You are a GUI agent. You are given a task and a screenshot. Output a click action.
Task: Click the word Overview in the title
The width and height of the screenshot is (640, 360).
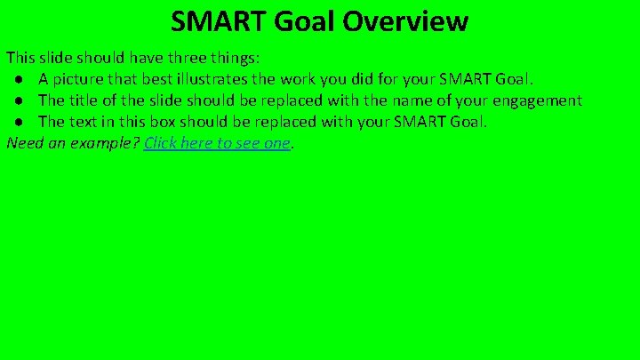413,20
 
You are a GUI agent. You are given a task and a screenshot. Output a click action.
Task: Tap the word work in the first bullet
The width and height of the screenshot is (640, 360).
308,79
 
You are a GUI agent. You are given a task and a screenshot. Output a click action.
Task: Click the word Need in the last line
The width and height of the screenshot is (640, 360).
25,143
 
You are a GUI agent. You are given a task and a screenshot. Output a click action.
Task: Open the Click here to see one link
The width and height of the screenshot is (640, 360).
217,143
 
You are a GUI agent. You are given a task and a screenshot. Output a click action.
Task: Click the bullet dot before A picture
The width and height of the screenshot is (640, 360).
19,79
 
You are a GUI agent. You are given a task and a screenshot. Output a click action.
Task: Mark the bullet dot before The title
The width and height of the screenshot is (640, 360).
19,100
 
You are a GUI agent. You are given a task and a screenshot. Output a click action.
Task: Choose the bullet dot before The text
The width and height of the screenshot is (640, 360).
19,122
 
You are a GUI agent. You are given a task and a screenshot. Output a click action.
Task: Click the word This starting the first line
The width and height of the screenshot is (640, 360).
21,58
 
